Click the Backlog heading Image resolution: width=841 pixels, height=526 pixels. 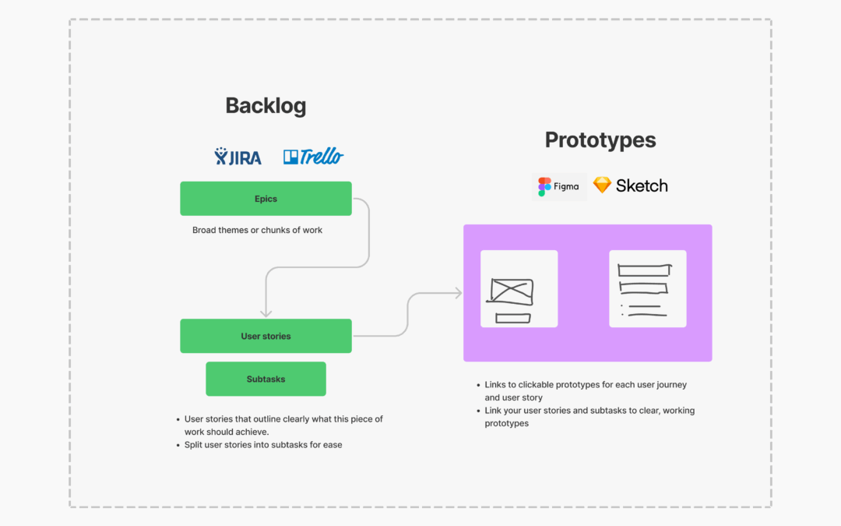[266, 106]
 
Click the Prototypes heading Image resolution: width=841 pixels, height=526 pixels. [600, 140]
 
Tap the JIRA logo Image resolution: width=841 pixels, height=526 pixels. [238, 156]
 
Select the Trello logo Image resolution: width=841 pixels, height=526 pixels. [313, 156]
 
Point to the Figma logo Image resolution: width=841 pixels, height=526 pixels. [559, 187]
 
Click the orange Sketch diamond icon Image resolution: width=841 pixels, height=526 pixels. [602, 185]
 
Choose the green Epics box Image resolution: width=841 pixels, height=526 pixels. [266, 199]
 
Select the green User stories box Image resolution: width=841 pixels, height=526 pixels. [266, 336]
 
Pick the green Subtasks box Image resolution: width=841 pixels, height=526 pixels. [266, 379]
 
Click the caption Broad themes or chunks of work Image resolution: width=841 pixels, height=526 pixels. [258, 230]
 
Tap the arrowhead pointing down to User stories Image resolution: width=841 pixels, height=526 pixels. [266, 313]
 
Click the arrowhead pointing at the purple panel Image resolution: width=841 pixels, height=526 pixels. [459, 293]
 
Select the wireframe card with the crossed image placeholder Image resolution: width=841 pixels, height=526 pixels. [519, 289]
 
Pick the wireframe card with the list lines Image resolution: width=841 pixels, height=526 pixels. [648, 289]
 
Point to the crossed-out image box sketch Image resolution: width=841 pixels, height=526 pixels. [511, 291]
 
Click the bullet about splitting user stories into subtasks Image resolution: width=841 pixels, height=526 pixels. [259, 444]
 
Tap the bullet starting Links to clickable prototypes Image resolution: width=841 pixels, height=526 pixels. [582, 390]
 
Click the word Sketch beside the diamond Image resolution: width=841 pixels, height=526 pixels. [642, 185]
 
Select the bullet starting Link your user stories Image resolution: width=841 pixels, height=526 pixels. [586, 416]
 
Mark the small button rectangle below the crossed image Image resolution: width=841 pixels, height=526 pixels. [513, 318]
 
